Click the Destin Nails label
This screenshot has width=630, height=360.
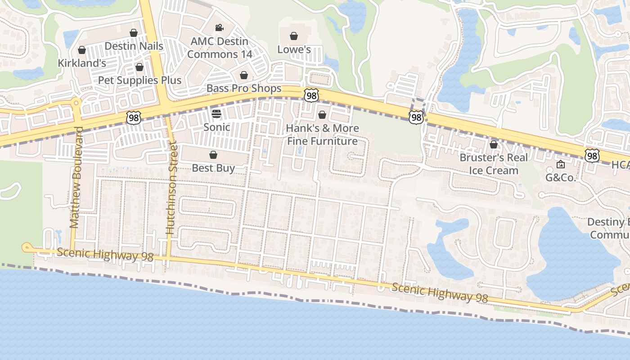pos(134,46)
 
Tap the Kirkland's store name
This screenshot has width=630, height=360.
pos(82,63)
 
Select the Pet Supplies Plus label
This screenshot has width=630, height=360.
pos(139,81)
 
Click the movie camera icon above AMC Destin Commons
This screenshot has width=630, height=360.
pos(219,28)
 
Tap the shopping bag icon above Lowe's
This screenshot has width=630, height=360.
pos(294,36)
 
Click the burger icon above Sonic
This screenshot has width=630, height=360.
pos(216,113)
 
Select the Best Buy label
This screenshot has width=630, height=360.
pos(213,168)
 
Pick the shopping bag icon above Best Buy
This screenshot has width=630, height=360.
pos(213,155)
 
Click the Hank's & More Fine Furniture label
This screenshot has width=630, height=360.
pos(322,135)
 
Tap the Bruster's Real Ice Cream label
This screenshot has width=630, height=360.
pos(494,164)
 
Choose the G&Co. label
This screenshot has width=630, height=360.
pos(560,177)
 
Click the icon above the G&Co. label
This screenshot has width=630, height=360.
pos(560,165)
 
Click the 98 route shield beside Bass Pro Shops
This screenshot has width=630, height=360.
pos(311,95)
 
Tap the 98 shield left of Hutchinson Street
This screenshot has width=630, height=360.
pos(134,118)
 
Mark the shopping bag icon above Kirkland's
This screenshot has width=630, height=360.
pos(82,50)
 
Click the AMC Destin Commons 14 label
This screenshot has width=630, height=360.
pos(219,48)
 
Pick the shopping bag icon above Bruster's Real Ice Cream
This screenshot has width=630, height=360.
pos(494,144)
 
